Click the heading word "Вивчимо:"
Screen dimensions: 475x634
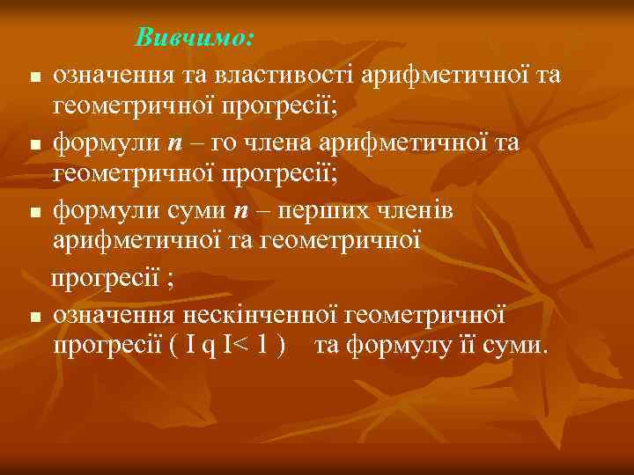[195, 39]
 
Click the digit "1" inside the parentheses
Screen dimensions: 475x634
[261, 344]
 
